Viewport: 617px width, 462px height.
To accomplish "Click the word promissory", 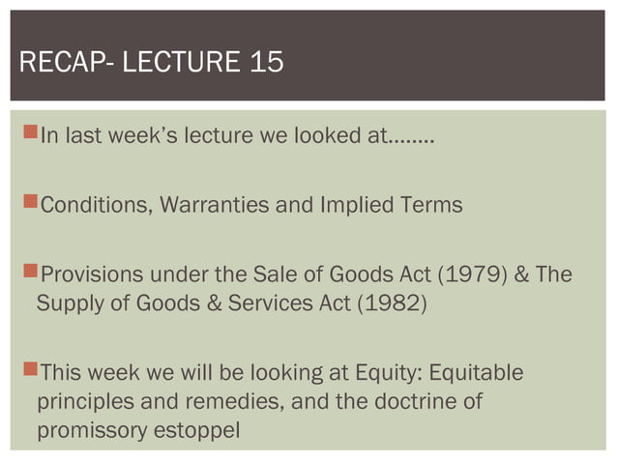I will (90, 428).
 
